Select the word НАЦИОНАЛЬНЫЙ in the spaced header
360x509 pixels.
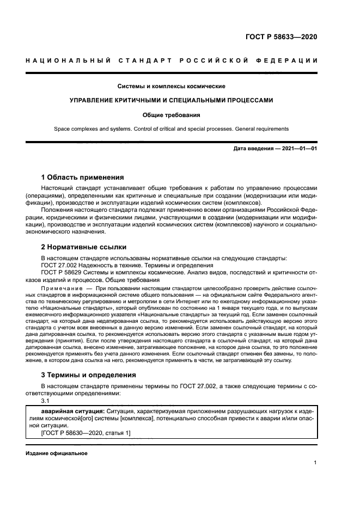click(x=65, y=59)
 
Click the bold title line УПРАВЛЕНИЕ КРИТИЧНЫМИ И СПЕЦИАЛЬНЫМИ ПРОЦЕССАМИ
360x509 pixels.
click(x=172, y=101)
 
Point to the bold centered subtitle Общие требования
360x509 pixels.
click(x=172, y=115)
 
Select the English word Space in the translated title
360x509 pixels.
click(x=62, y=129)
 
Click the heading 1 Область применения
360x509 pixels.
click(x=83, y=177)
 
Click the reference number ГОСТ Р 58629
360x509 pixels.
click(x=63, y=272)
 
